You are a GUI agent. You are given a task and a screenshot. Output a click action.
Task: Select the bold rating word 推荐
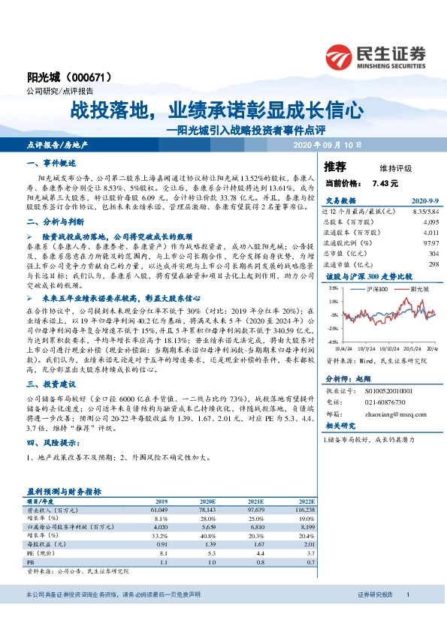334,166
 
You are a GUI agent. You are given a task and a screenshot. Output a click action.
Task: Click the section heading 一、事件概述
47,163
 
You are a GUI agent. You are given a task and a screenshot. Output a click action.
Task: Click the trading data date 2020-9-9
421,202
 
